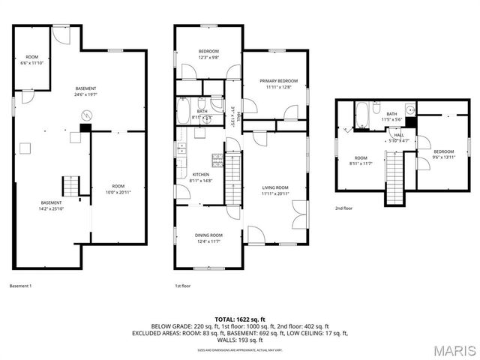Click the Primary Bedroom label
tap(278, 81)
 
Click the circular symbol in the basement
tap(86, 115)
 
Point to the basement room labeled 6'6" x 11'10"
tap(32, 60)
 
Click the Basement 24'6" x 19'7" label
tap(86, 91)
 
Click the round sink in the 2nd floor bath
tap(410, 108)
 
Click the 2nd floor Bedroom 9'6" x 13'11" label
tap(442, 154)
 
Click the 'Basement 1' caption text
tap(21, 286)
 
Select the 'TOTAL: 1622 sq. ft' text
tap(240, 320)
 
